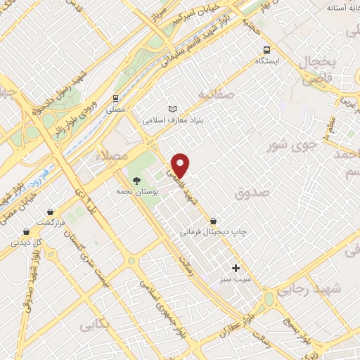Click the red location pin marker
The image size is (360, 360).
181,165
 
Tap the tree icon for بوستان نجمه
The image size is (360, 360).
146,180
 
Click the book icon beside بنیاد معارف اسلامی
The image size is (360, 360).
173,109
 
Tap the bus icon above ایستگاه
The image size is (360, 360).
266,50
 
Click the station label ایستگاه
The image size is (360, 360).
267,61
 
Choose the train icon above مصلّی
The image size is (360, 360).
115,98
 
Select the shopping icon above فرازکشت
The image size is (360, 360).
51,211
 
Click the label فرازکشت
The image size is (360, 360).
51,221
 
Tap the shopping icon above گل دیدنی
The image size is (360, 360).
26,231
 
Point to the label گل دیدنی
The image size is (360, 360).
25,243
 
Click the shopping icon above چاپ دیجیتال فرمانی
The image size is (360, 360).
213,220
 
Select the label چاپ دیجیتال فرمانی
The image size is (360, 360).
214,231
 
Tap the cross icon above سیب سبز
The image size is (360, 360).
236,268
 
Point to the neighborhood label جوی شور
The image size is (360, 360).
287,146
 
